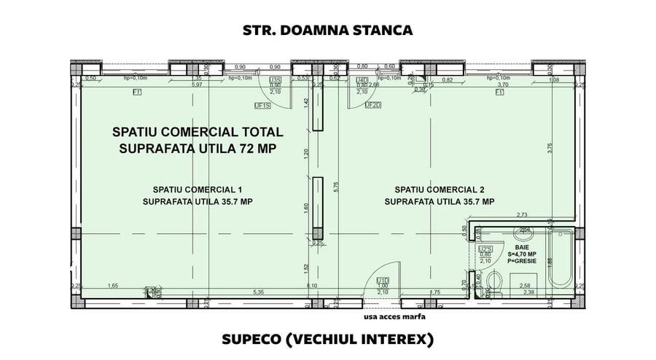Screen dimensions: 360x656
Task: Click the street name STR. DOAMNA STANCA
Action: pyautogui.click(x=327, y=31)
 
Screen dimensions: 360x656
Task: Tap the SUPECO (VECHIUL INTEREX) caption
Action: pyautogui.click(x=327, y=340)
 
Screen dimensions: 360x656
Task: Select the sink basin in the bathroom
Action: pyautogui.click(x=523, y=234)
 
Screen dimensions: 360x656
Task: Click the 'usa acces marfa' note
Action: pyautogui.click(x=394, y=317)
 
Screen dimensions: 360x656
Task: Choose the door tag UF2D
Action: pyautogui.click(x=372, y=105)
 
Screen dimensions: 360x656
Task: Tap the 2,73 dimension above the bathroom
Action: pyautogui.click(x=521, y=214)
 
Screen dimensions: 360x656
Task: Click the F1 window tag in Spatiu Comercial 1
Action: pyautogui.click(x=136, y=93)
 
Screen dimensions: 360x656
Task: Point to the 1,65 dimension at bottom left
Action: pyautogui.click(x=112, y=286)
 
